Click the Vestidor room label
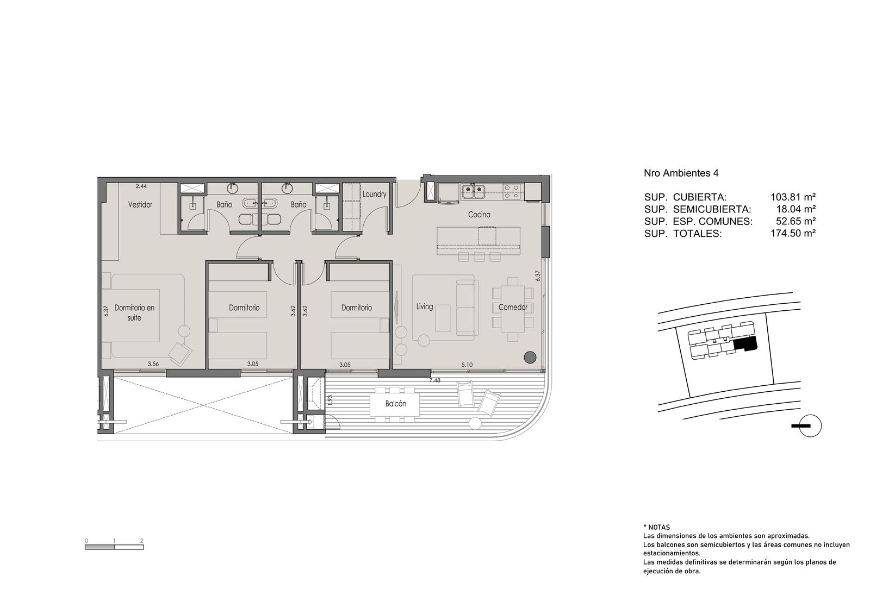(x=140, y=204)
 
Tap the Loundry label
(x=375, y=194)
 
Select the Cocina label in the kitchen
(x=479, y=214)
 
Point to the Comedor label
(x=513, y=308)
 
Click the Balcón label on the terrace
(x=396, y=404)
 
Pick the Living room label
(x=425, y=306)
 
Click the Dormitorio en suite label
(x=134, y=312)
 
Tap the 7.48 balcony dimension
(x=434, y=380)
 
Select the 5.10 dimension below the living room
(x=467, y=365)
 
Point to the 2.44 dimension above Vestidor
(x=141, y=186)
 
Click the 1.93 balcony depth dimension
(x=330, y=400)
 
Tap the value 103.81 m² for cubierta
(x=793, y=197)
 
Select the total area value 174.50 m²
(x=793, y=233)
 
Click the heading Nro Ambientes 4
(x=681, y=173)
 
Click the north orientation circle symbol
(x=811, y=426)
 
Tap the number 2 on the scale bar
(x=142, y=541)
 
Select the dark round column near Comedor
(x=530, y=357)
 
